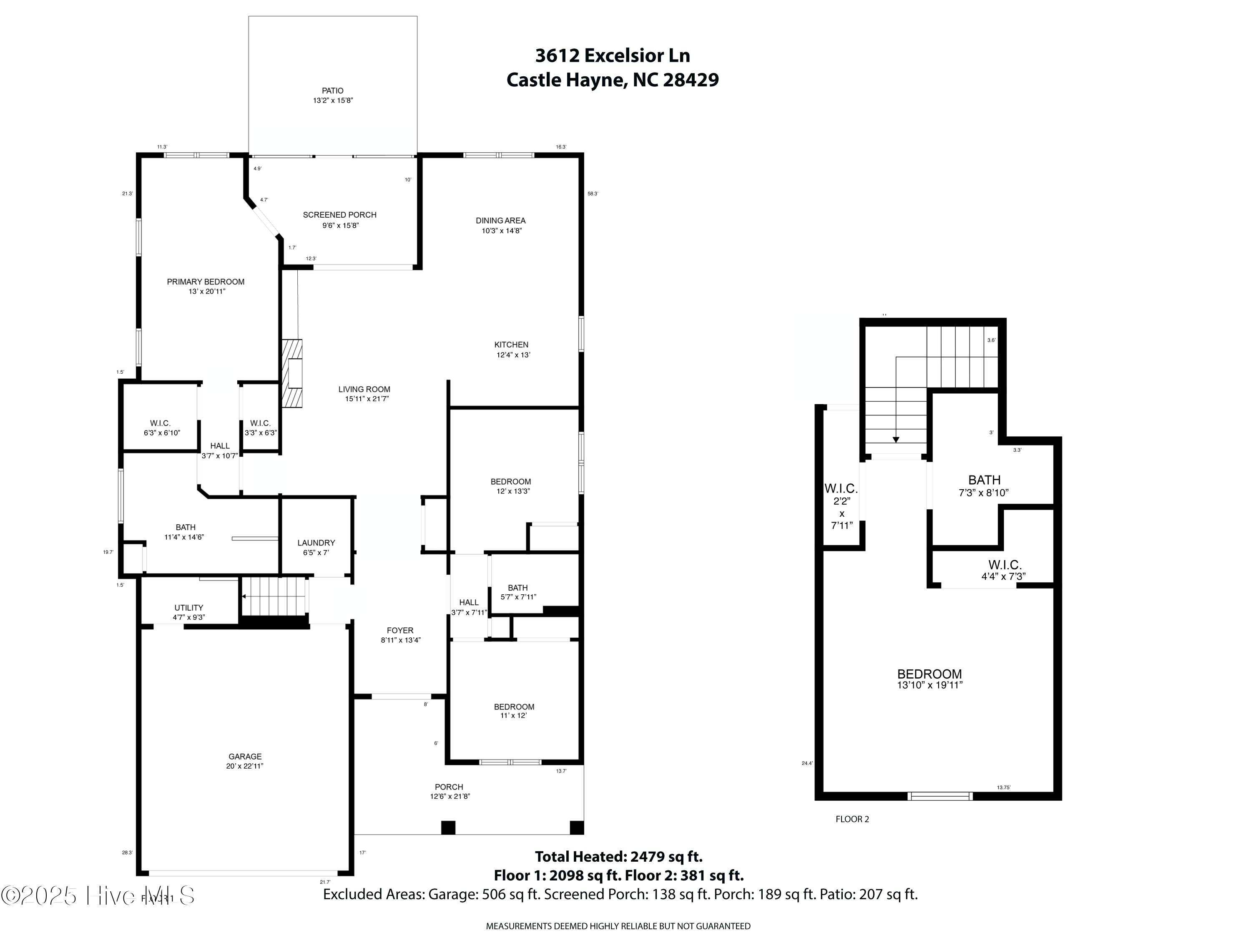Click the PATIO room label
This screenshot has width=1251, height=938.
(x=332, y=91)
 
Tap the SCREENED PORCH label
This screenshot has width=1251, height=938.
(x=339, y=215)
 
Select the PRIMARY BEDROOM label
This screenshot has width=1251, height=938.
(x=205, y=282)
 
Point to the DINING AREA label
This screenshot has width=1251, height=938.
(x=500, y=221)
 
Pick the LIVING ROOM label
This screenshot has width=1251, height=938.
(x=364, y=389)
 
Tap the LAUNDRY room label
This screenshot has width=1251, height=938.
(x=316, y=543)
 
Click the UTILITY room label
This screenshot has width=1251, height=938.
(x=188, y=608)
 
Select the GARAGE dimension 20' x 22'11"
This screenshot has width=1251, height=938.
(x=244, y=767)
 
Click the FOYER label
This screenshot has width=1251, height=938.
(x=400, y=631)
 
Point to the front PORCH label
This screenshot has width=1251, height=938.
(x=449, y=787)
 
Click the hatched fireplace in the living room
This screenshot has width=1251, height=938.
(x=292, y=373)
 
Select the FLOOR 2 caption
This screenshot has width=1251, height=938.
(x=852, y=819)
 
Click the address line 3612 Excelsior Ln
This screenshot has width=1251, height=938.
(x=613, y=55)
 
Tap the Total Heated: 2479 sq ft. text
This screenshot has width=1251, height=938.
(x=619, y=857)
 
